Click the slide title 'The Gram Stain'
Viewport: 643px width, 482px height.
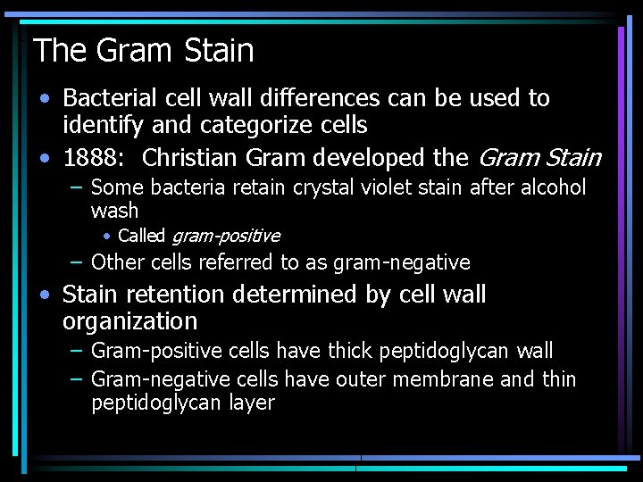click(x=144, y=50)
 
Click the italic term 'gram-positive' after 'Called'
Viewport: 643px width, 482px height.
click(x=225, y=237)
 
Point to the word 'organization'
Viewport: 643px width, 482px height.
click(x=129, y=321)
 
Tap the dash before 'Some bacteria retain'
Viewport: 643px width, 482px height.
click(x=78, y=188)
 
